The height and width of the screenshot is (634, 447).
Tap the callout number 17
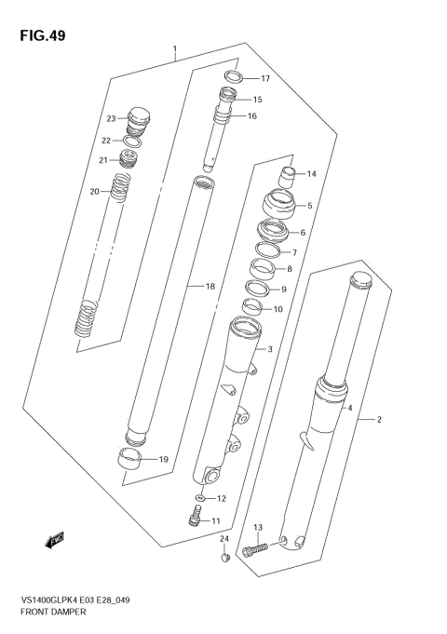click(265, 78)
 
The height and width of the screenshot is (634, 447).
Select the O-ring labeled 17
click(235, 77)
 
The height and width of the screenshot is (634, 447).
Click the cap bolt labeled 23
click(140, 117)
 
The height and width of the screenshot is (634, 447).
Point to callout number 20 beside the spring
click(94, 192)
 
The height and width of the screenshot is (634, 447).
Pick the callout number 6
click(303, 233)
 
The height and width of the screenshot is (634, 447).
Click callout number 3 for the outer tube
click(270, 349)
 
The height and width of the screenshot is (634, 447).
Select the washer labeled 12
click(198, 498)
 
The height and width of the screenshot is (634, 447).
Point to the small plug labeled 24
click(223, 558)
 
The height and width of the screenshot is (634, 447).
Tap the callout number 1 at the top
click(174, 49)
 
